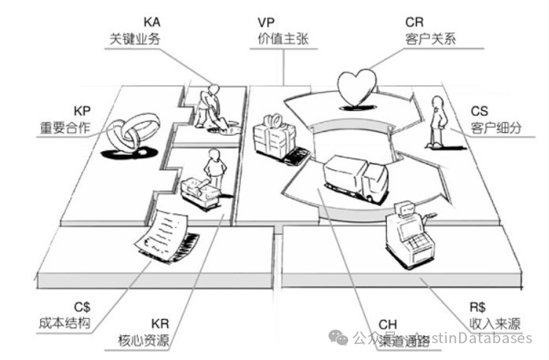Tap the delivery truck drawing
pos(355,178)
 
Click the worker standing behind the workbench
pos(214,168)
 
